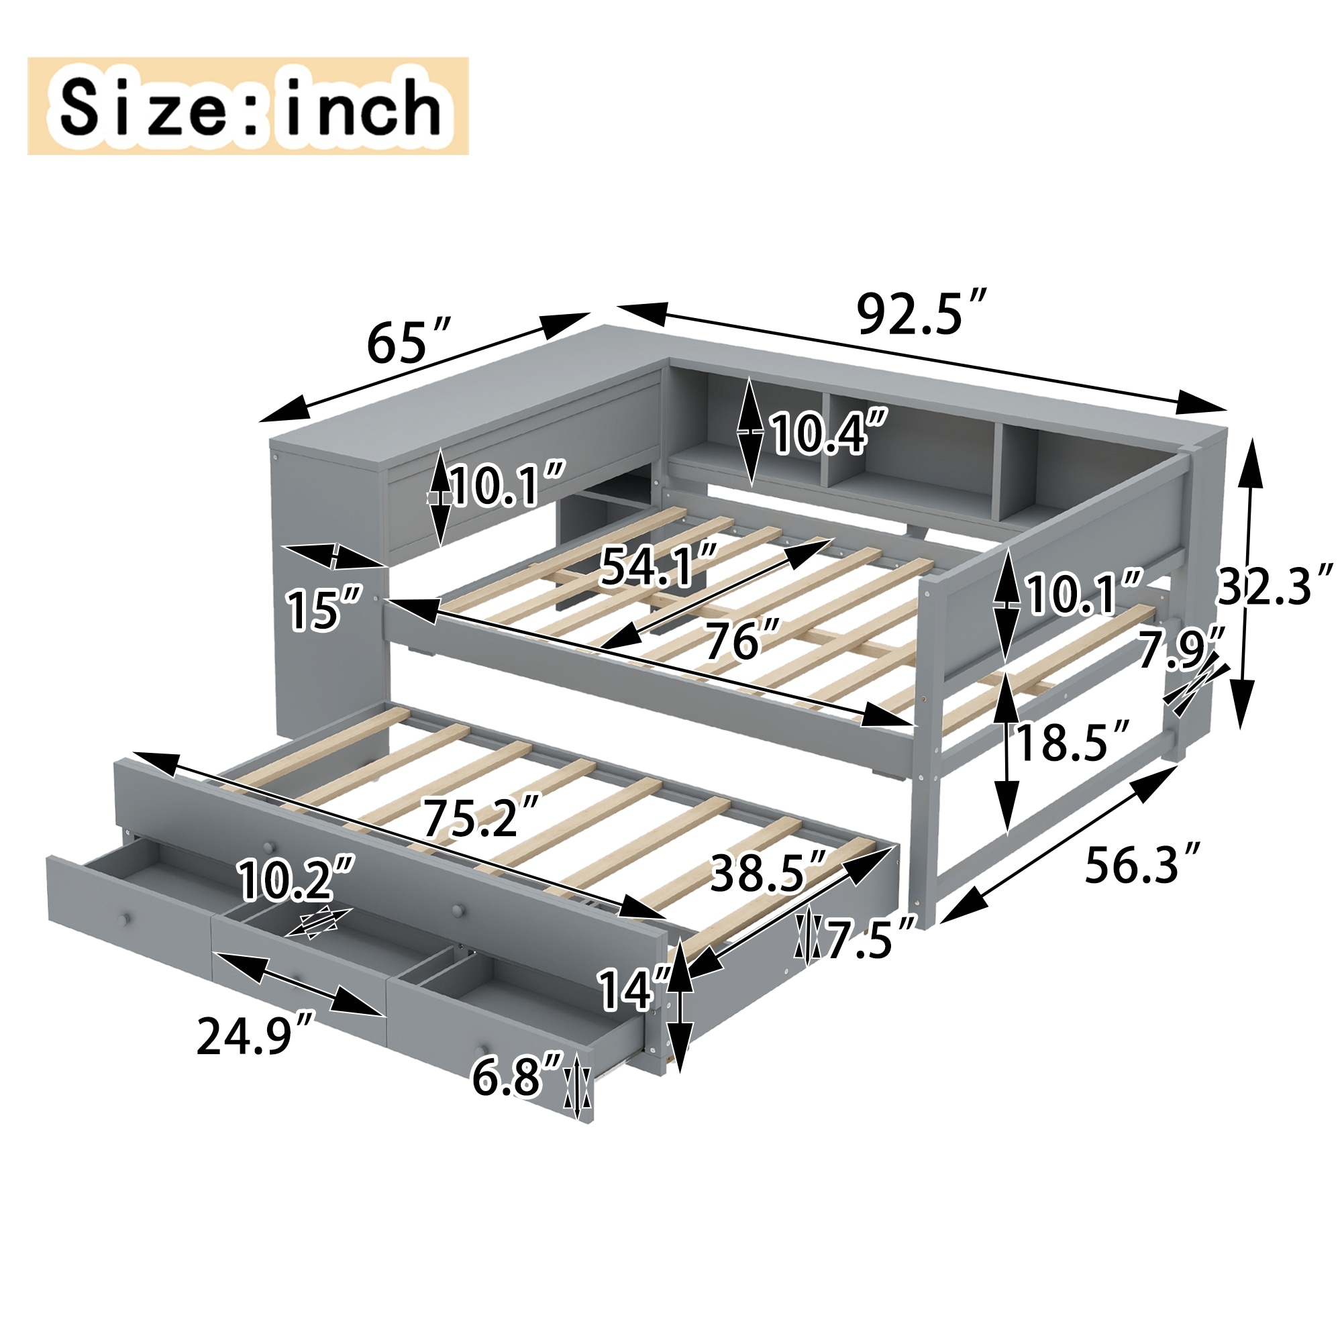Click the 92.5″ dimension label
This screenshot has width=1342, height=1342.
922,315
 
